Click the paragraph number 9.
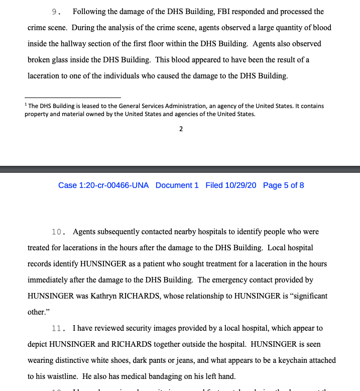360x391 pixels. pos(56,12)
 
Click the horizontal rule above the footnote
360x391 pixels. pos(73,98)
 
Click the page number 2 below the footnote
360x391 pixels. pos(181,129)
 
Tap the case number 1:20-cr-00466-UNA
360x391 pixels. pos(103,185)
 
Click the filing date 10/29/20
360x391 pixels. pos(231,185)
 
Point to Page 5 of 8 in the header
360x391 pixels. pos(283,185)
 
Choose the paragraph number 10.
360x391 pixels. pos(59,232)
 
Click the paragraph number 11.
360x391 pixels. pos(59,328)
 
